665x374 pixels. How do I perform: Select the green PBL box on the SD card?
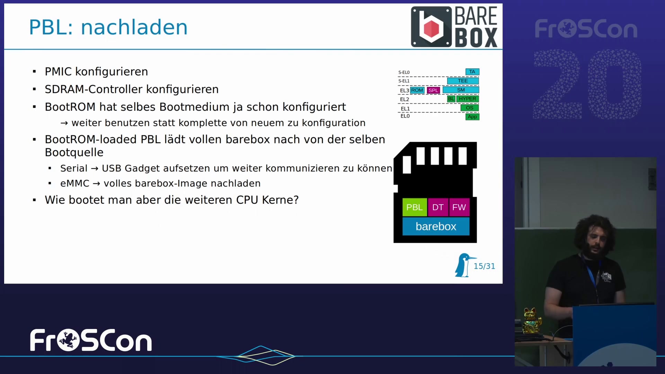coord(415,207)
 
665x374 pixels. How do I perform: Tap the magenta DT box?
coord(438,207)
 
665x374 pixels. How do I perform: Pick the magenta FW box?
coord(459,207)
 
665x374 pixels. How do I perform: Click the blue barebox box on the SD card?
coord(436,226)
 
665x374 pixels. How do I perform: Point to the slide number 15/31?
coord(484,266)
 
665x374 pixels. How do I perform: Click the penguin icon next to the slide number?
coord(464,265)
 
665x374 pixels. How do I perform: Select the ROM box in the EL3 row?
coord(417,90)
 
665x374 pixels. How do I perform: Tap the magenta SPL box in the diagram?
coord(433,90)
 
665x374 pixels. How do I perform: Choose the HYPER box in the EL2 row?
coord(468,99)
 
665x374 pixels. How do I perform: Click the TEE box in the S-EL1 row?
coord(463,81)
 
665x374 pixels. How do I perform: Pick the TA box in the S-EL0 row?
coord(472,72)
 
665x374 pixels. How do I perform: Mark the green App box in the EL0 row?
coord(472,117)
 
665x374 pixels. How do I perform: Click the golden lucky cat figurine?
coord(531,320)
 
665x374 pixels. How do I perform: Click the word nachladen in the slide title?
coord(134,27)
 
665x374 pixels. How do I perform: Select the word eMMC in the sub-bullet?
coord(75,184)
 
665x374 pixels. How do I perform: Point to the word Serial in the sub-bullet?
coord(74,168)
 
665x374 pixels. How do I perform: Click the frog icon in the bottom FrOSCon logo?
coord(68,340)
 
